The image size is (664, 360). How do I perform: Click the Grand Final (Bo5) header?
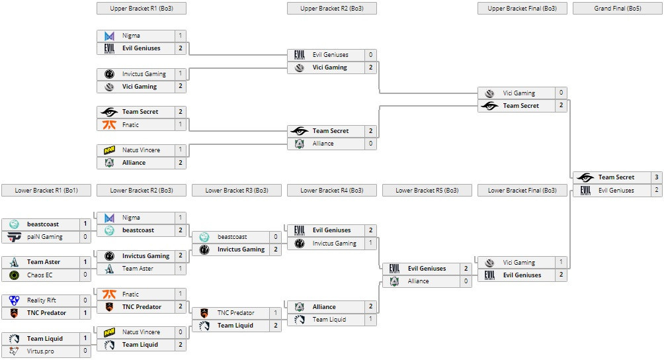click(618, 9)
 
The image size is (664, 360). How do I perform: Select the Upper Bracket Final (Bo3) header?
click(522, 9)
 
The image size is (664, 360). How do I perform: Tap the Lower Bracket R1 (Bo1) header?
click(46, 191)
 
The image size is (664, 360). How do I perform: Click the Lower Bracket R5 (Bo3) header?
click(427, 191)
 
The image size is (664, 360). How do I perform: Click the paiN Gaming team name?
click(45, 237)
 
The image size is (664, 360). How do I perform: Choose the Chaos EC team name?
click(41, 275)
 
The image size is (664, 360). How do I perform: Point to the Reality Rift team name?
click(42, 300)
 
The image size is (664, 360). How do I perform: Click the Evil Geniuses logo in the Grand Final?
click(585, 191)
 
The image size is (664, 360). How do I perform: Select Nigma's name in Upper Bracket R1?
click(131, 35)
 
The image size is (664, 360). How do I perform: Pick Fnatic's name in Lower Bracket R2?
click(131, 294)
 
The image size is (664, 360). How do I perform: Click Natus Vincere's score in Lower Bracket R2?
click(181, 332)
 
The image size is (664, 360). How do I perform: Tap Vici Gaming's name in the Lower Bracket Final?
click(519, 263)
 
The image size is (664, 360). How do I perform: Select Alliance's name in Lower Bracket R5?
click(418, 281)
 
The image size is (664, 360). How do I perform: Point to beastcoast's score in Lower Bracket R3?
click(276, 237)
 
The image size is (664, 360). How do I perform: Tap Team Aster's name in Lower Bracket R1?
click(44, 262)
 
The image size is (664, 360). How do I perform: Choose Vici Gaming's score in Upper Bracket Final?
click(561, 93)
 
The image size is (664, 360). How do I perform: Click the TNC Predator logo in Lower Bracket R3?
click(204, 312)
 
